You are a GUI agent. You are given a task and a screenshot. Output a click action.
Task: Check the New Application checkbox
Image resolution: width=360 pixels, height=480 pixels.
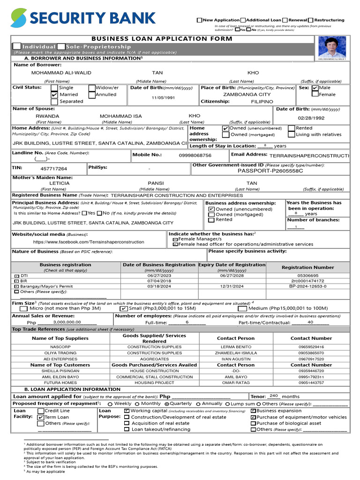coord(199,20)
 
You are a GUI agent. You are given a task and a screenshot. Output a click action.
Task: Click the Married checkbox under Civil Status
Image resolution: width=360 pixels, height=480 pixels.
coord(54,95)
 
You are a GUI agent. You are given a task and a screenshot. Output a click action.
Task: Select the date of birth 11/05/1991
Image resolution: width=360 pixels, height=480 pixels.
coord(163,97)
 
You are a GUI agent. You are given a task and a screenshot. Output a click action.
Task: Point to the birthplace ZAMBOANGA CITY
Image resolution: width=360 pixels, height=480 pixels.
coord(247,94)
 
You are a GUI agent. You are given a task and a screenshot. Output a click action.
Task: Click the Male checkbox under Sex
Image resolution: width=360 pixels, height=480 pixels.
coord(315,88)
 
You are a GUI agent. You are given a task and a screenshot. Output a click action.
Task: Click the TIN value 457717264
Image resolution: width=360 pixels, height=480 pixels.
coord(53,169)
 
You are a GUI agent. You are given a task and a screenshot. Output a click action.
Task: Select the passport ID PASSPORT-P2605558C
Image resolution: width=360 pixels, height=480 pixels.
coord(270,171)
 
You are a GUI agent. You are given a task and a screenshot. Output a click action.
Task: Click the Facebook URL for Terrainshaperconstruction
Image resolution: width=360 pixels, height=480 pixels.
coord(89,242)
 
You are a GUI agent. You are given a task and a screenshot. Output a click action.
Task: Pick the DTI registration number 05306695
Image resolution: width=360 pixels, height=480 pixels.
coord(307,276)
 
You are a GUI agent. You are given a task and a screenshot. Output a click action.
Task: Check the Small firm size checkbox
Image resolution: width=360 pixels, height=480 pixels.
coord(124,308)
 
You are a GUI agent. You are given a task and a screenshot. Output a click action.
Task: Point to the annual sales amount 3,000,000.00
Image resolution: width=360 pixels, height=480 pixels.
coord(67,322)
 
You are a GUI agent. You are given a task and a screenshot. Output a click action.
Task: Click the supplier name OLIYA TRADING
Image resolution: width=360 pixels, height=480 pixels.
coord(60,353)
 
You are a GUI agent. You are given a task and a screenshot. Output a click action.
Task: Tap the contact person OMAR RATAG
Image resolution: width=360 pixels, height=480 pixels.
coord(235,382)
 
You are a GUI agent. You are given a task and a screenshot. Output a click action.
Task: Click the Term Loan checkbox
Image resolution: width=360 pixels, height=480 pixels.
coord(41,417)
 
